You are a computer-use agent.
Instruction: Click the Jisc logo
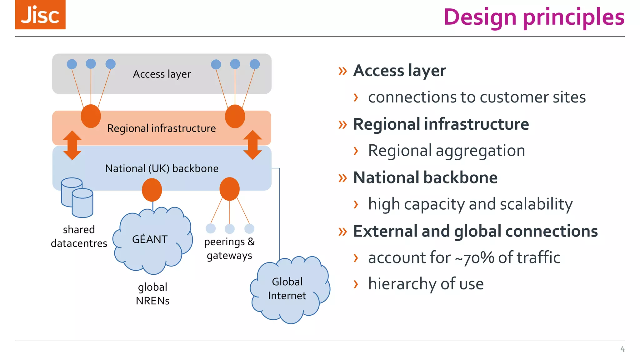[40, 15]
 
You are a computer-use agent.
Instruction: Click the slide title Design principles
[534, 17]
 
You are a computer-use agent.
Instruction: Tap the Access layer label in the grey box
[162, 74]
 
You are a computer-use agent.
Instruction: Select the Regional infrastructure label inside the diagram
[161, 128]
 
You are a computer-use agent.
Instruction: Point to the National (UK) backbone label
[162, 168]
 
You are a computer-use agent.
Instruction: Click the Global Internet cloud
[289, 289]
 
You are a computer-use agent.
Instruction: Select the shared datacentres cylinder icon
[77, 197]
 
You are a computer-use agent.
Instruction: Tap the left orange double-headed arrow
[72, 145]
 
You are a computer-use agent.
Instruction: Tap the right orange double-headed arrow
[252, 145]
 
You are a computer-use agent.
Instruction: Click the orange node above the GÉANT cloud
[152, 190]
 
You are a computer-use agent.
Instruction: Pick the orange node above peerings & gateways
[229, 189]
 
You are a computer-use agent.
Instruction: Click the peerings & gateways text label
[229, 249]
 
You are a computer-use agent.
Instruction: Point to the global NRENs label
[152, 294]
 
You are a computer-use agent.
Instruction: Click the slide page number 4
[622, 349]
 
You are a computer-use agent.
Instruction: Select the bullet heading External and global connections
[475, 231]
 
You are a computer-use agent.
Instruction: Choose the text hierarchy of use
[426, 284]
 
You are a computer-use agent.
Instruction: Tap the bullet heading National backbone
[425, 178]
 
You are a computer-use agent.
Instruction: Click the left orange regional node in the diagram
[91, 116]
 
